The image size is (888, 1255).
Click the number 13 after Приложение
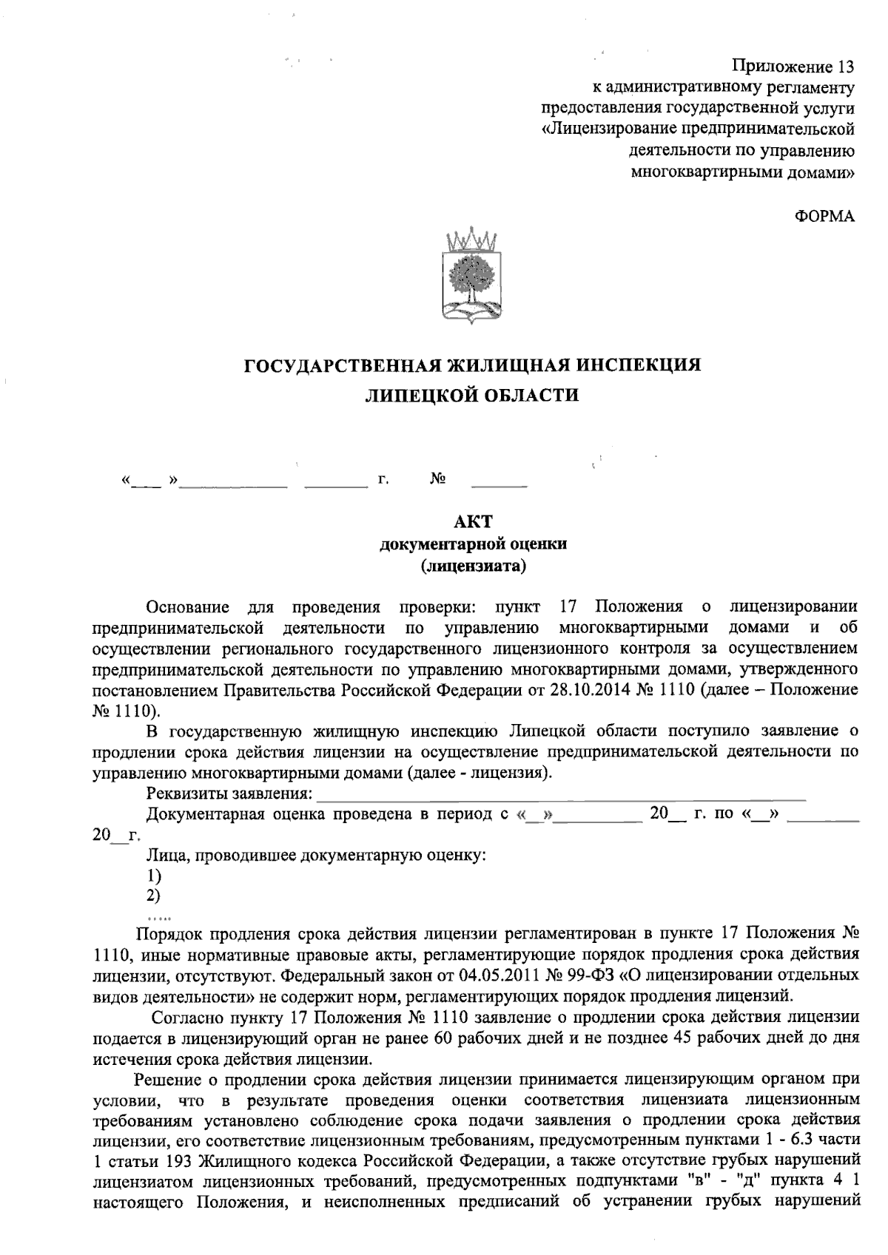click(x=843, y=67)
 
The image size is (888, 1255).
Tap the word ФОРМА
click(x=824, y=216)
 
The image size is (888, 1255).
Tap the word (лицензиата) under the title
click(x=473, y=566)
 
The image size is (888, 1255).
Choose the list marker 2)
click(x=154, y=896)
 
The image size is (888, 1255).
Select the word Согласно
click(x=182, y=1016)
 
